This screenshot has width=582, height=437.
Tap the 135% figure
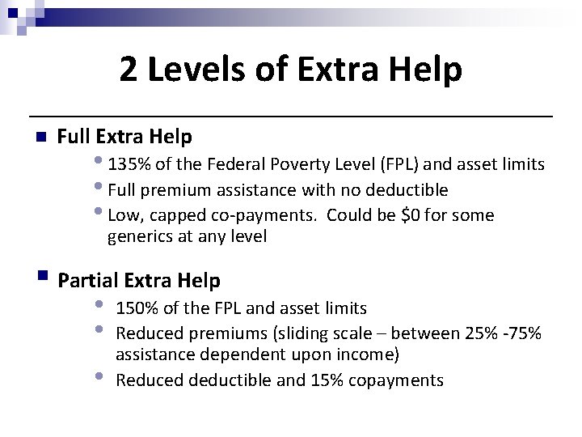click(x=128, y=165)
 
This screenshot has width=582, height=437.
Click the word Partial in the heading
click(x=89, y=281)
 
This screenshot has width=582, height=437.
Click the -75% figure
click(x=525, y=333)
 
